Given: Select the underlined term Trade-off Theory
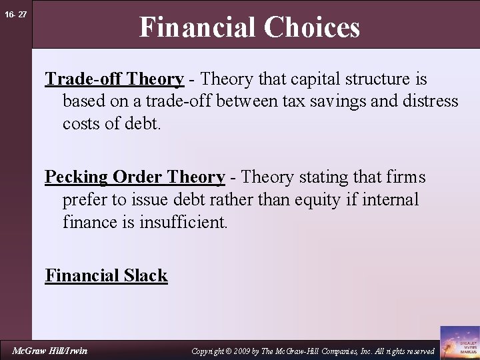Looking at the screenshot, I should (x=114, y=79).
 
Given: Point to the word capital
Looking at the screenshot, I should (x=325, y=79).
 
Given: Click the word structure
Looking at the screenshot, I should (x=381, y=79).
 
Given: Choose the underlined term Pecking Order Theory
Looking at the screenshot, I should (x=135, y=177).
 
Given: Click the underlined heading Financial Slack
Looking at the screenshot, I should (x=106, y=275).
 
